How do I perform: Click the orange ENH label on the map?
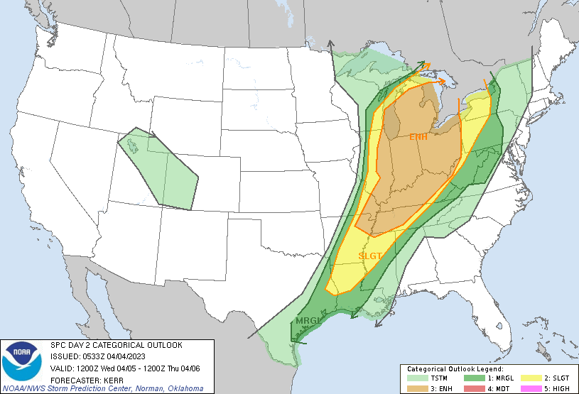tap(418, 136)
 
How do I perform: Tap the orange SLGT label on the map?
tap(370, 256)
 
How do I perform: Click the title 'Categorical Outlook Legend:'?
tap(455, 369)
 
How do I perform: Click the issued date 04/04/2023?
tap(128, 356)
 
